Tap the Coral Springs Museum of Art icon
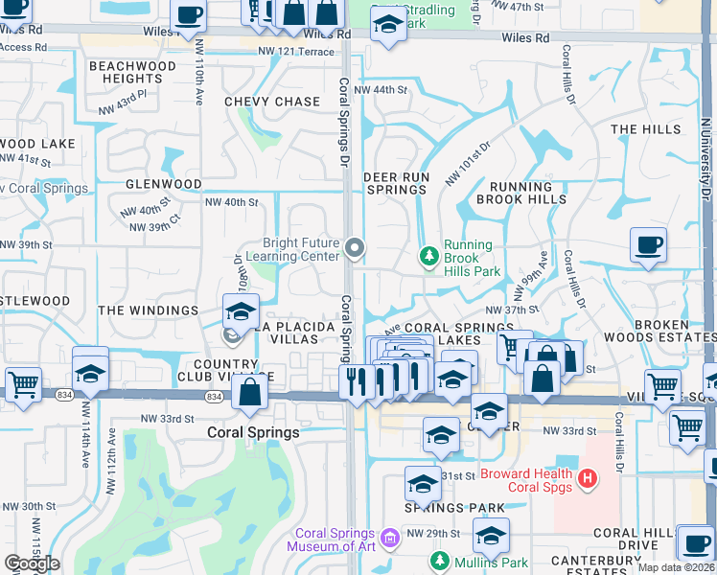tap(390, 537)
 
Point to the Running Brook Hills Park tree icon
tap(428, 256)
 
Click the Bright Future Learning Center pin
tap(355, 249)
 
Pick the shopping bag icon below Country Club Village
tap(249, 393)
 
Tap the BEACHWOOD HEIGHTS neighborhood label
tap(132, 72)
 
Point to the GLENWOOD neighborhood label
tap(163, 184)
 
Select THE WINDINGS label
tap(148, 310)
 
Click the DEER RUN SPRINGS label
tap(395, 183)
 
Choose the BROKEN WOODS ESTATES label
tap(674, 332)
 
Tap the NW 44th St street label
tap(381, 90)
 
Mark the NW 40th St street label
tap(231, 202)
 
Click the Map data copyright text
tap(676, 567)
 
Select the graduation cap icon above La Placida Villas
tap(241, 310)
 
